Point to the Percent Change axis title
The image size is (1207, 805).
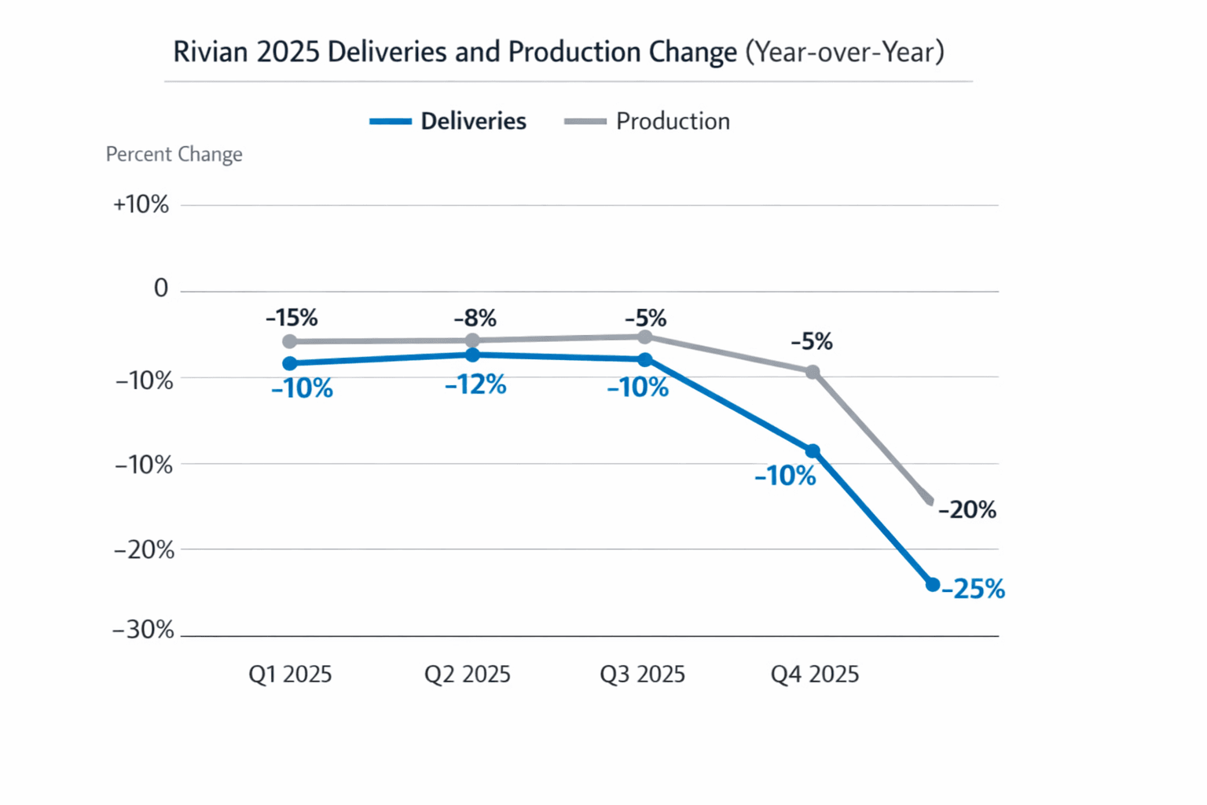click(x=174, y=154)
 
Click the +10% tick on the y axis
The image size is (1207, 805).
click(x=141, y=204)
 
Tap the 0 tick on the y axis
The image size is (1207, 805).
click(x=161, y=289)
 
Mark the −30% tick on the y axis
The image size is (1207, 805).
click(x=143, y=630)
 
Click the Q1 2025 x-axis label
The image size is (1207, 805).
click(x=290, y=675)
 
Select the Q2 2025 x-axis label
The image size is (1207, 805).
click(x=467, y=675)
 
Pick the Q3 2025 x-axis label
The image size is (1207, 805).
click(x=642, y=675)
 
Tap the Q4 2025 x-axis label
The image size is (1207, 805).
click(x=814, y=675)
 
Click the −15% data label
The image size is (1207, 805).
click(x=292, y=318)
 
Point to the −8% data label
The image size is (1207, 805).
click(x=475, y=318)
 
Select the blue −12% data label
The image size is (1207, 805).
click(x=475, y=384)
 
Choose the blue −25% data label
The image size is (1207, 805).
click(x=973, y=589)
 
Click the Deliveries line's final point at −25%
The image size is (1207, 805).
click(x=933, y=584)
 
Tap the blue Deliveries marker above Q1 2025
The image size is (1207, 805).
click(x=290, y=363)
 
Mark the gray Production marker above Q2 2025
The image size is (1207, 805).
click(x=472, y=340)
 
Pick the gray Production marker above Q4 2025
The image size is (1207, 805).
click(x=813, y=372)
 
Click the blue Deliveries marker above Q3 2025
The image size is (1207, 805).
click(x=645, y=360)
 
